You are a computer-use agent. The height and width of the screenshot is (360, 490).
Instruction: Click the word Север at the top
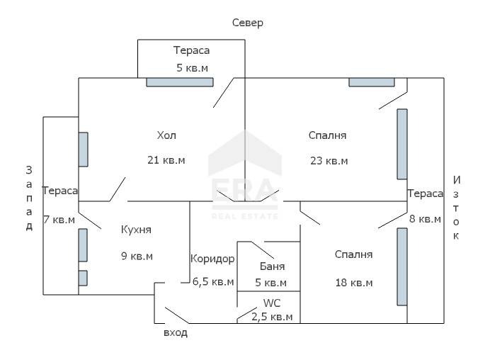click(x=248, y=23)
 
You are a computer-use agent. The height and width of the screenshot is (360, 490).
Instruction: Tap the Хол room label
click(x=166, y=135)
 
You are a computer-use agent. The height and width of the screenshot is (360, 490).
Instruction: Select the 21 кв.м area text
click(x=166, y=160)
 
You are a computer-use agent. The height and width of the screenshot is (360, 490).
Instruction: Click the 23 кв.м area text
click(x=329, y=160)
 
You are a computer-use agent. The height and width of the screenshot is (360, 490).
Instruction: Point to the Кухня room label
click(x=136, y=230)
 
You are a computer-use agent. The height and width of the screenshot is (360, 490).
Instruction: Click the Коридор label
click(x=212, y=259)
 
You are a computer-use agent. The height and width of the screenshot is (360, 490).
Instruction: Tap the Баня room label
click(x=272, y=267)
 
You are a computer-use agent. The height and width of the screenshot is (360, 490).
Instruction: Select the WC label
click(x=272, y=303)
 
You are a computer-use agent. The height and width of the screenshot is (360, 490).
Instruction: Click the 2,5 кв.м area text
click(x=272, y=317)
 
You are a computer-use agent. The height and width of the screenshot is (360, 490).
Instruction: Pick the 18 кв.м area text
click(x=354, y=283)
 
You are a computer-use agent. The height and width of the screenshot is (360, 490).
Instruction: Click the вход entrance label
click(x=176, y=332)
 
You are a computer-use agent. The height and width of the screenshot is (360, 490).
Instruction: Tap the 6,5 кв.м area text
click(x=213, y=282)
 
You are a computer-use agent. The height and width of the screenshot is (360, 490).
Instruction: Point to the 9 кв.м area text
click(x=137, y=256)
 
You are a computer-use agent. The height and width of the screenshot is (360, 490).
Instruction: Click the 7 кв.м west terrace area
click(x=59, y=220)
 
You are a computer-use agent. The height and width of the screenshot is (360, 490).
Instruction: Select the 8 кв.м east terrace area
click(x=425, y=219)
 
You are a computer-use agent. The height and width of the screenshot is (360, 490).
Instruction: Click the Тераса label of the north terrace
click(x=192, y=50)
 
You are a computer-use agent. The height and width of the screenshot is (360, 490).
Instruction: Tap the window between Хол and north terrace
click(x=180, y=82)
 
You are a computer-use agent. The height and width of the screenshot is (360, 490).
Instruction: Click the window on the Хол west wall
click(x=84, y=150)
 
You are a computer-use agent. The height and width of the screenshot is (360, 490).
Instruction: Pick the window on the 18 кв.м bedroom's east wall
click(x=402, y=266)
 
